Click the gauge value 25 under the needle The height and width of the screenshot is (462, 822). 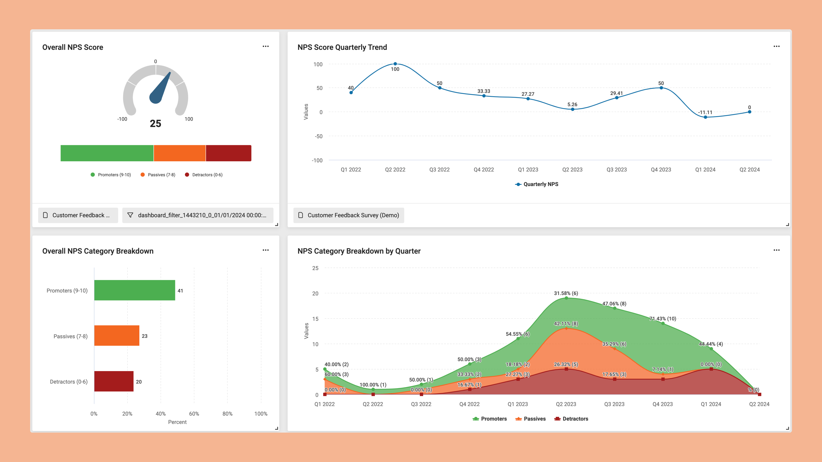click(155, 123)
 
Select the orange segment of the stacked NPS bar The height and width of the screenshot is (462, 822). click(180, 153)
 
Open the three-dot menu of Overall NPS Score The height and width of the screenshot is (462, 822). click(265, 47)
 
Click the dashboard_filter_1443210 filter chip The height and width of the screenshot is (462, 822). click(198, 215)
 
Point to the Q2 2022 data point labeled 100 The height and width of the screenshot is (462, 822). click(395, 64)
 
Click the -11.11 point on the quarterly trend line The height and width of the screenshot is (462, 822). click(705, 117)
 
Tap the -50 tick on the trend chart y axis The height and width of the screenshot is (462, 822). click(319, 136)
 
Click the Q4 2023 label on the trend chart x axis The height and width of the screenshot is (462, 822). click(661, 170)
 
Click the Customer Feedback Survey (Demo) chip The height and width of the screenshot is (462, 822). click(349, 215)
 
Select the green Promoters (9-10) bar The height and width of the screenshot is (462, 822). click(134, 290)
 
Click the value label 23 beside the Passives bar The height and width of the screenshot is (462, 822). click(144, 336)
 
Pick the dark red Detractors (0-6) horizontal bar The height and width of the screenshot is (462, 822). click(114, 381)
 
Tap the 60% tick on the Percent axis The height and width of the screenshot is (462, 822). click(194, 413)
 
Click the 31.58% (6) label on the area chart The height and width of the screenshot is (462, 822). click(566, 293)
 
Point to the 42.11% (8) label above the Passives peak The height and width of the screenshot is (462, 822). click(566, 323)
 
